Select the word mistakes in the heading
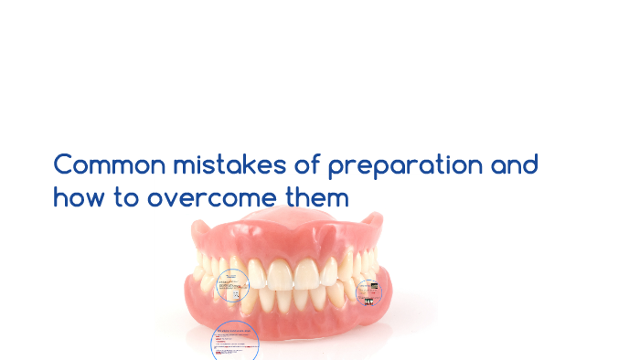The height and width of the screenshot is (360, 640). [x=210, y=166]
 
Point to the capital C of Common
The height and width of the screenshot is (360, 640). [x=63, y=166]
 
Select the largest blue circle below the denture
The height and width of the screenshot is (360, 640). [x=235, y=343]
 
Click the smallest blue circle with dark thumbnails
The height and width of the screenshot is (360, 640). [x=368, y=291]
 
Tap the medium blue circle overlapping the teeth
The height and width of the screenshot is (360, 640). [x=232, y=286]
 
